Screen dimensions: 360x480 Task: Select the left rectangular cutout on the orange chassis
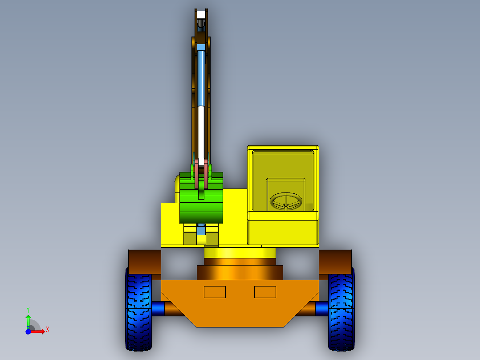point(215,292)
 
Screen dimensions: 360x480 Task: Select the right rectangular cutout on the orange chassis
point(265,292)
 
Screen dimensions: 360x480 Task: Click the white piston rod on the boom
point(201,131)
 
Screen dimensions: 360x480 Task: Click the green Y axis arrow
point(28,320)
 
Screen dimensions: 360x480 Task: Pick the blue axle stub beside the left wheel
point(158,308)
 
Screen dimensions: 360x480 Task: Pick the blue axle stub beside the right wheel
point(322,308)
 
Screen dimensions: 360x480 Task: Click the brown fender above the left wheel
point(144,261)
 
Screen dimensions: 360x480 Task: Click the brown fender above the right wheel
point(335,261)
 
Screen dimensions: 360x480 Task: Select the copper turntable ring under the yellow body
point(240,272)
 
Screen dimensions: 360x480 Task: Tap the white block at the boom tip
point(201,14)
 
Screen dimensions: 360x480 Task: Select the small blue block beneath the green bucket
point(201,229)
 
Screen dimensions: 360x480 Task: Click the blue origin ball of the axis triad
point(28,331)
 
